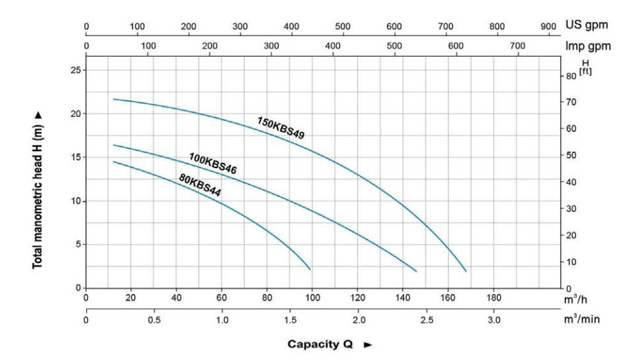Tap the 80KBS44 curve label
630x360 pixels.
point(200,185)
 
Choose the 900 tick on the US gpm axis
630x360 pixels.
point(548,26)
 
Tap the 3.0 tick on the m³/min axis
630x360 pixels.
point(494,320)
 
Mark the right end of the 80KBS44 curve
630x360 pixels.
point(310,269)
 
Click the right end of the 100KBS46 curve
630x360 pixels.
point(416,271)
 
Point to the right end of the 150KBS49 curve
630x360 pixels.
point(466,271)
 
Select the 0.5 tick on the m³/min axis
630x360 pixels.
point(154,320)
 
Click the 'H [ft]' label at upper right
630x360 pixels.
point(585,68)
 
